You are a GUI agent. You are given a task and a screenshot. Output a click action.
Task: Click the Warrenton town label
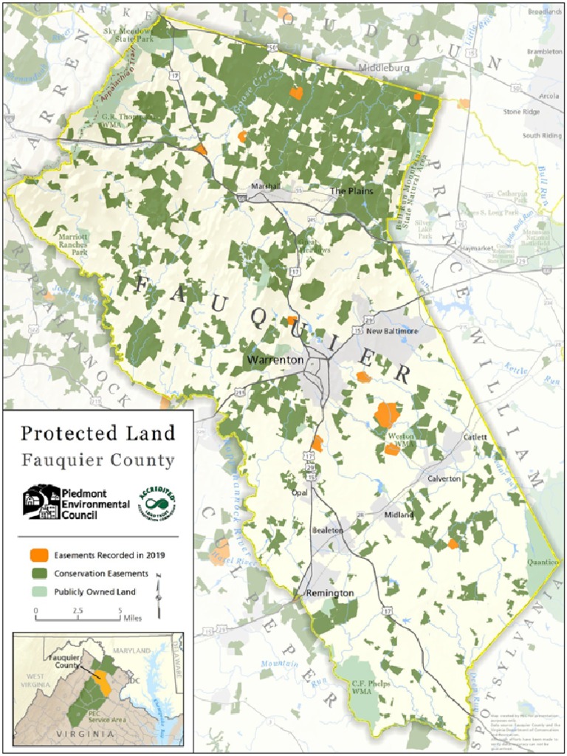[x=275, y=360]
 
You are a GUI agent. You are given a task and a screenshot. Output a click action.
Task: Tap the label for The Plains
[x=351, y=191]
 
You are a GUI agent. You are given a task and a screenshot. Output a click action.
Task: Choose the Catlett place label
[x=475, y=437]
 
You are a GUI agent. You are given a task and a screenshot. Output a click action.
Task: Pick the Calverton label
[x=444, y=478]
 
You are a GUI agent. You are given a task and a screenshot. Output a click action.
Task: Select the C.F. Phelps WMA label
[x=370, y=688]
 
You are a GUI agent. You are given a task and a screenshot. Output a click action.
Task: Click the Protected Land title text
[x=97, y=433]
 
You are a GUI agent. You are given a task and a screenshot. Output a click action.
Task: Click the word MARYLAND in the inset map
[x=131, y=650]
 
